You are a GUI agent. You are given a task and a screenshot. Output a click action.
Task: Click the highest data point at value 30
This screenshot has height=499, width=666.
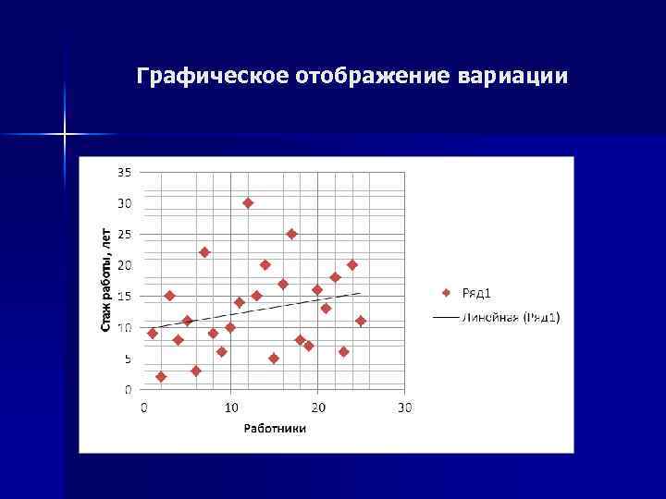pos(248,202)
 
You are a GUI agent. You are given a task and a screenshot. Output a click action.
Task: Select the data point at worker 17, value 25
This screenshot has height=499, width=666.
pos(291,234)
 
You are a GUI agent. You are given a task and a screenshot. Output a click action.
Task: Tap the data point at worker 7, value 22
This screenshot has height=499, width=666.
pos(204,252)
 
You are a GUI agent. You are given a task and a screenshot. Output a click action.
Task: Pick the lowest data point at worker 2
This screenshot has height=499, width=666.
pos(161,377)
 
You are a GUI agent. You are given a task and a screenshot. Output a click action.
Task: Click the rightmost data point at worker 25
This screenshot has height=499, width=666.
pos(361,321)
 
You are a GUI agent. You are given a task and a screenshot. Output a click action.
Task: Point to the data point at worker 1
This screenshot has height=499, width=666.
pos(153,333)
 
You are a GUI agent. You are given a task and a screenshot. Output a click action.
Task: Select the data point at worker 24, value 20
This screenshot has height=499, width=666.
pos(352,265)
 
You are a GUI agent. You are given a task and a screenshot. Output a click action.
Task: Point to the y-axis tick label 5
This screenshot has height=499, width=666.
pos(128,359)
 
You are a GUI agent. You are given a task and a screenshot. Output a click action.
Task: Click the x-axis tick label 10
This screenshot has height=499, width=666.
pos(230,408)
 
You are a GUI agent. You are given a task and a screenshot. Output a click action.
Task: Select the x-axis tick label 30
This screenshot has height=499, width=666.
pos(404,408)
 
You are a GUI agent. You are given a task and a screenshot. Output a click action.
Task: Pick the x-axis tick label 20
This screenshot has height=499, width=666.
pos(317,408)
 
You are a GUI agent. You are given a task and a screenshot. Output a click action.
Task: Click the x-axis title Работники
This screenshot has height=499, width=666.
pos(275,428)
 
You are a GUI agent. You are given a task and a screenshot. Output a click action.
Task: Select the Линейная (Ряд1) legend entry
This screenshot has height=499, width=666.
pos(499,317)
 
